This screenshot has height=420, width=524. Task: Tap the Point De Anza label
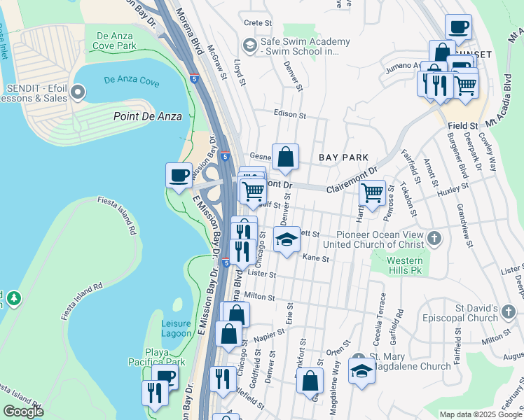click(x=148, y=116)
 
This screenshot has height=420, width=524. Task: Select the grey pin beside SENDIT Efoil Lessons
click(x=78, y=92)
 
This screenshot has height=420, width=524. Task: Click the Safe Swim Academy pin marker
click(x=249, y=45)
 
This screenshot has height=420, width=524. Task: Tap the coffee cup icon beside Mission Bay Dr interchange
click(x=179, y=175)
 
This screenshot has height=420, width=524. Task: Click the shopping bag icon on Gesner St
click(x=286, y=157)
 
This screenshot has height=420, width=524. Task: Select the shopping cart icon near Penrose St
click(x=371, y=191)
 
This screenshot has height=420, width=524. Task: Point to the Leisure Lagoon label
click(x=176, y=328)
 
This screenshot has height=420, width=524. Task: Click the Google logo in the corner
click(x=23, y=411)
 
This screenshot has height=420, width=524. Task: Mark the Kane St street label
click(x=316, y=258)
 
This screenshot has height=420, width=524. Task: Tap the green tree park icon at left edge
click(x=13, y=299)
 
